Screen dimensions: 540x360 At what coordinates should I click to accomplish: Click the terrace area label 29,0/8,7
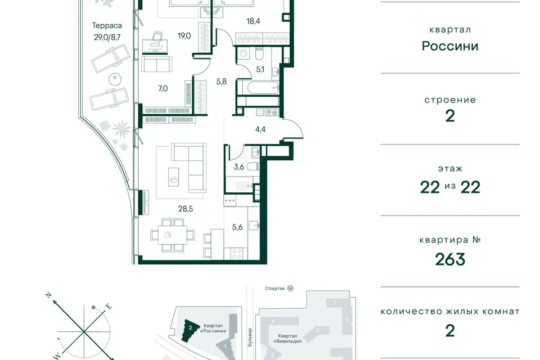coord(107,37)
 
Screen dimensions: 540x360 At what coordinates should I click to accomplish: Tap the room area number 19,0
coord(184,36)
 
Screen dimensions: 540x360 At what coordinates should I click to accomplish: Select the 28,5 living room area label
coord(185,209)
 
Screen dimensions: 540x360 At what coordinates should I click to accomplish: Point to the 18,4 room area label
coord(253,21)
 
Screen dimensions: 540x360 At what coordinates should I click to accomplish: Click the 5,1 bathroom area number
coord(260,69)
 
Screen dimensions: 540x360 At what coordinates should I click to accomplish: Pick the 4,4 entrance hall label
coord(260,129)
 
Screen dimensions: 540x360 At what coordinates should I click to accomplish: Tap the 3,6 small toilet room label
coord(238,167)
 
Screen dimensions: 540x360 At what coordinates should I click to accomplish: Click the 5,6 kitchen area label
coord(237,227)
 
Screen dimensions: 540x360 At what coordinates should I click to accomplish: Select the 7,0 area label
coord(163,88)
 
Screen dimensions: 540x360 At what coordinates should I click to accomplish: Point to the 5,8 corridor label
coord(222,82)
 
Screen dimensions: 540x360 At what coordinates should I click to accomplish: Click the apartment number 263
coord(450,259)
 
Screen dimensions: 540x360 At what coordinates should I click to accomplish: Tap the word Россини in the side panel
coord(450,46)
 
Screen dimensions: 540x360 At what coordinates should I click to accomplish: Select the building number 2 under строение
coord(450,116)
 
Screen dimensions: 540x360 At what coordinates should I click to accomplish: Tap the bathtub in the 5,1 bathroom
coord(258,88)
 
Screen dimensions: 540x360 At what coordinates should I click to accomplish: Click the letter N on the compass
coord(49,295)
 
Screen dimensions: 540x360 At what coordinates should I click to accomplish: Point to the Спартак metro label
coord(275,289)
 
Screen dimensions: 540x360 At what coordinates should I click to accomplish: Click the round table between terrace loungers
coord(115,79)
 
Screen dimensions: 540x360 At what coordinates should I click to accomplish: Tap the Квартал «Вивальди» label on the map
coord(287,339)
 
